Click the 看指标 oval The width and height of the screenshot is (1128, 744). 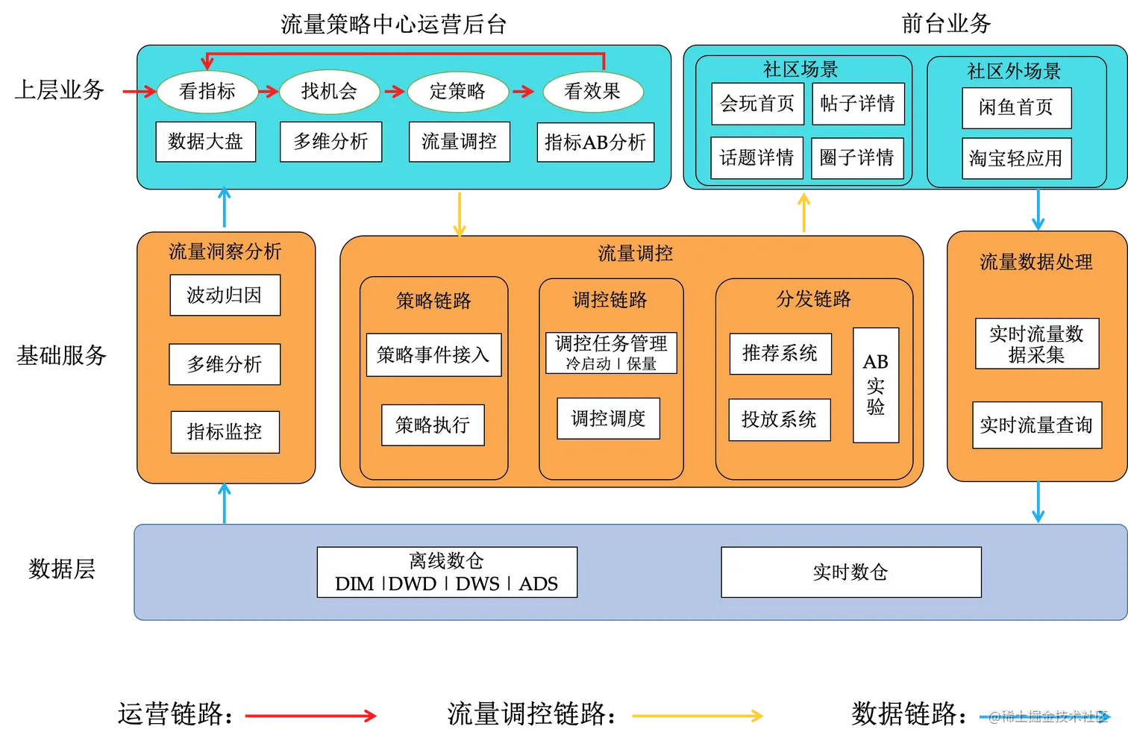coord(207,92)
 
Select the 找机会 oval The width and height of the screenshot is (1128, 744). coord(329,92)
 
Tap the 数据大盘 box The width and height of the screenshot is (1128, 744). coord(206,142)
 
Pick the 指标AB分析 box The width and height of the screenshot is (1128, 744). coord(595,143)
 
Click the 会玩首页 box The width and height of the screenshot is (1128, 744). coord(757,104)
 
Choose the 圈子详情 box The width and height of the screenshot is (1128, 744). coord(856,158)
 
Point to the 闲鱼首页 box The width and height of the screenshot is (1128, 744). coord(1016,108)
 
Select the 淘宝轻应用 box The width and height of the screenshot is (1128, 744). coord(1016,158)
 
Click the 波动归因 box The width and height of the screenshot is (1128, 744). coord(225,296)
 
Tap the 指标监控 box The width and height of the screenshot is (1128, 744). coord(225,432)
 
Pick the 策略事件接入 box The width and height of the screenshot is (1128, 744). coord(433,355)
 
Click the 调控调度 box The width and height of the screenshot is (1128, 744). coord(608,419)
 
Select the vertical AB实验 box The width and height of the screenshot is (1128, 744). coord(876,385)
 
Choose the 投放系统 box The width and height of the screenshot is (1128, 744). coord(780,420)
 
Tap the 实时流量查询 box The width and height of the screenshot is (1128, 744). coord(1037,425)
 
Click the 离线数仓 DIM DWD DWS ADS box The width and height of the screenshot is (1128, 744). coord(447,572)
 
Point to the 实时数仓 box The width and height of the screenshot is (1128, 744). coord(850,572)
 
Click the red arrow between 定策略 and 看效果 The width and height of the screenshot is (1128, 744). coord(524,92)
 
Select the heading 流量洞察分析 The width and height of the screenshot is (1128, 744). coord(225,252)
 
